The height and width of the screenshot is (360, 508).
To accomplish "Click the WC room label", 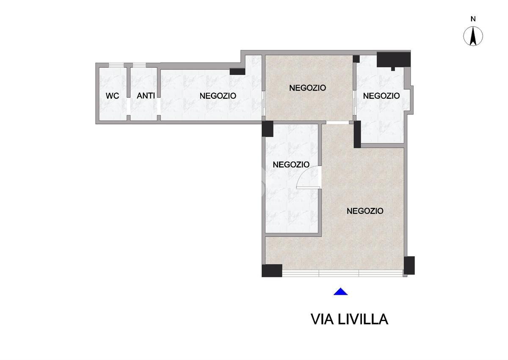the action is pyautogui.click(x=112, y=96).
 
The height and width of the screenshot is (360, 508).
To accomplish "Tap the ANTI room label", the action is pyautogui.click(x=146, y=96).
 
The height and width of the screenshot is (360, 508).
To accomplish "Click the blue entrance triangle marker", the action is pyautogui.click(x=340, y=291).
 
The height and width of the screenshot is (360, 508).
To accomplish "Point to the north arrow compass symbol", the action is pyautogui.click(x=473, y=36).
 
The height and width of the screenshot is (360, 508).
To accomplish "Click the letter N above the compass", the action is pyautogui.click(x=473, y=19).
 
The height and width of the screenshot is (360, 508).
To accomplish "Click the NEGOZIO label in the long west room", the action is pyautogui.click(x=218, y=96).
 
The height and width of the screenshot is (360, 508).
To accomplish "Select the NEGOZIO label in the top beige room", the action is pyautogui.click(x=307, y=88).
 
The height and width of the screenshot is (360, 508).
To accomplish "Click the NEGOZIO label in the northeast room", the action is pyautogui.click(x=381, y=96).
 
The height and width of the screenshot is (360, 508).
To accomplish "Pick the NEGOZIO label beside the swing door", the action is pyautogui.click(x=291, y=164).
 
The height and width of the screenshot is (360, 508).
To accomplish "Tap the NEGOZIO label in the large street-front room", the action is pyautogui.click(x=365, y=211).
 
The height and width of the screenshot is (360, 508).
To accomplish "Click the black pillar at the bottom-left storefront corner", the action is pyautogui.click(x=272, y=271).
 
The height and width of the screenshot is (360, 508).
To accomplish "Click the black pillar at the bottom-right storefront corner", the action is pyautogui.click(x=409, y=266).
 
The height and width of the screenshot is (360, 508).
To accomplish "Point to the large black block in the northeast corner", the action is pyautogui.click(x=393, y=59).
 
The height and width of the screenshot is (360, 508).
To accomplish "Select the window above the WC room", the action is pyautogui.click(x=116, y=65).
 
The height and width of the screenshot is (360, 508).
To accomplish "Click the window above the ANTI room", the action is pyautogui.click(x=139, y=65).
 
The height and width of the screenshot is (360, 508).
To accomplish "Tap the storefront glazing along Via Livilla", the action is pyautogui.click(x=342, y=273).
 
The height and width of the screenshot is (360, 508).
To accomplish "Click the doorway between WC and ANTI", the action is pyautogui.click(x=129, y=106).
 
